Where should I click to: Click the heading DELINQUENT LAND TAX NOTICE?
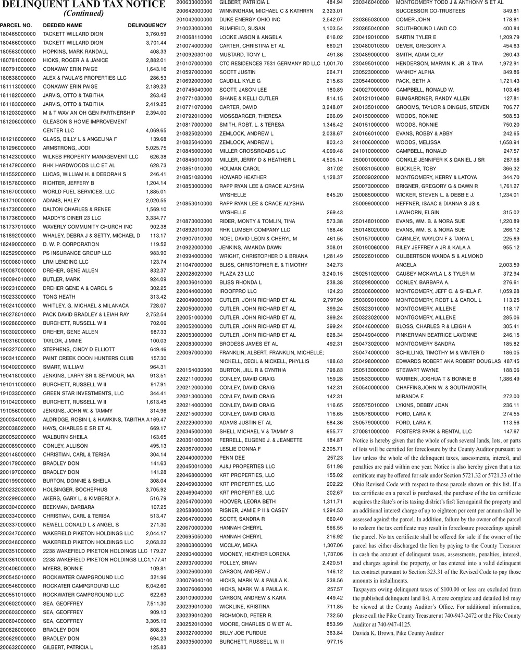(x=83, y=5)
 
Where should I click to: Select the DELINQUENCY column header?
(x=147, y=25)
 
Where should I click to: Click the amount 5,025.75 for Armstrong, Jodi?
(x=156, y=148)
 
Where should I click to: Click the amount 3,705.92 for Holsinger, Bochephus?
(x=156, y=489)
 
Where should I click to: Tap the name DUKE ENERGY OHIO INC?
(x=250, y=19)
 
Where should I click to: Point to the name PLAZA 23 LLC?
(x=237, y=274)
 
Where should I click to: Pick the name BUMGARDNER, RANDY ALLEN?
(x=432, y=98)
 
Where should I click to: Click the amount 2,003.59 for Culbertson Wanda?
(x=508, y=265)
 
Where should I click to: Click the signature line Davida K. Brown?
(x=398, y=633)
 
